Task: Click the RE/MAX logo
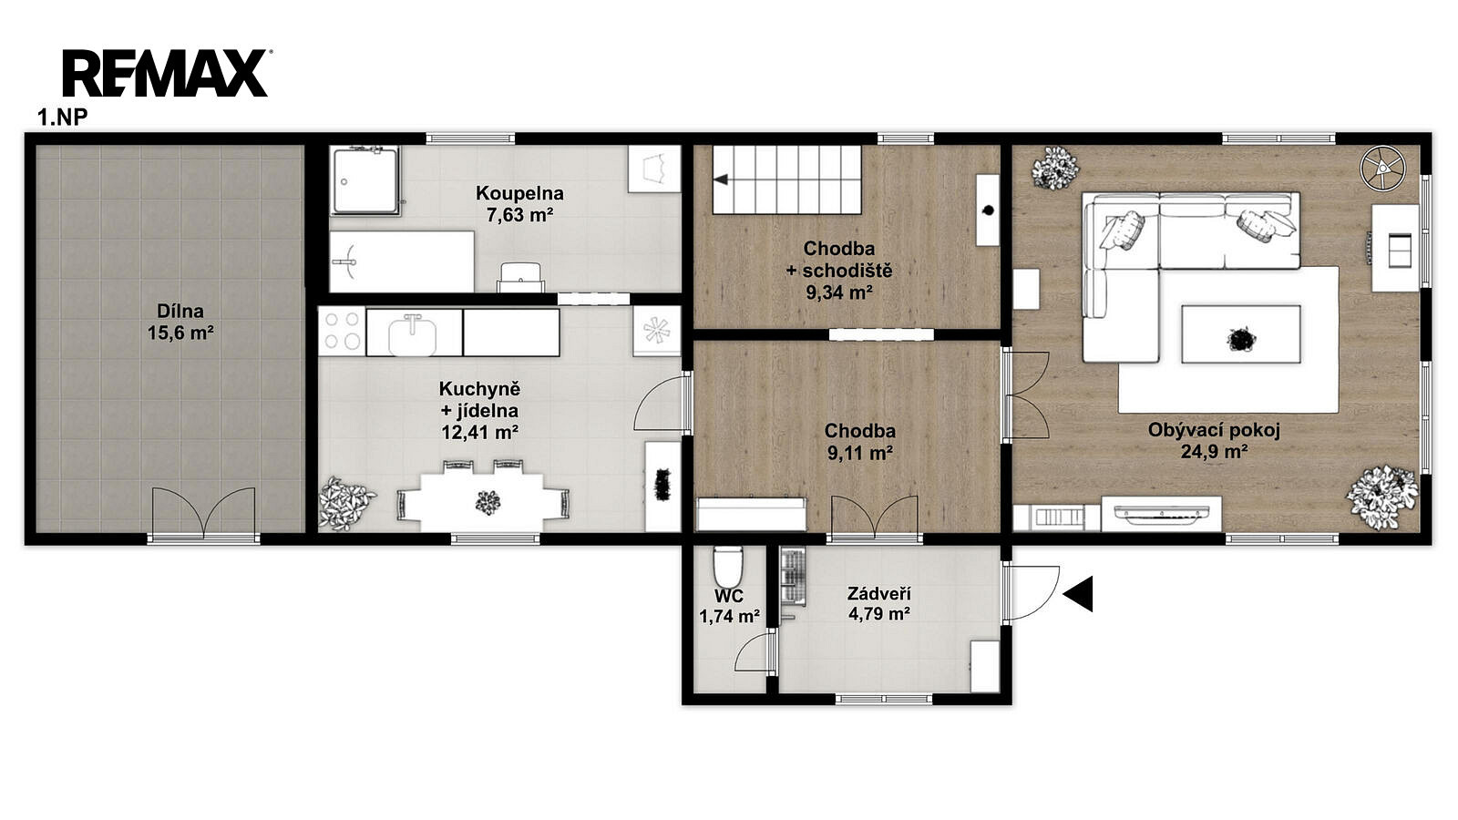click(166, 73)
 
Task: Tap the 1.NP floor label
click(63, 118)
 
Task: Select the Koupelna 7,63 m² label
click(519, 204)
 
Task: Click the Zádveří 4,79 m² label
click(878, 603)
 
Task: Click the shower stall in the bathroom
click(364, 180)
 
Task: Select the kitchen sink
click(413, 333)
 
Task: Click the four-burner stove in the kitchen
click(343, 332)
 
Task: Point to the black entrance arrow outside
click(1078, 593)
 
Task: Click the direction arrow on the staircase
click(720, 179)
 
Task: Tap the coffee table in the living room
click(1241, 333)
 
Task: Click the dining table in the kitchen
click(482, 502)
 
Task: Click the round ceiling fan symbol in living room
click(1382, 169)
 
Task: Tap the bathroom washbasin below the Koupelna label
click(520, 277)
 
